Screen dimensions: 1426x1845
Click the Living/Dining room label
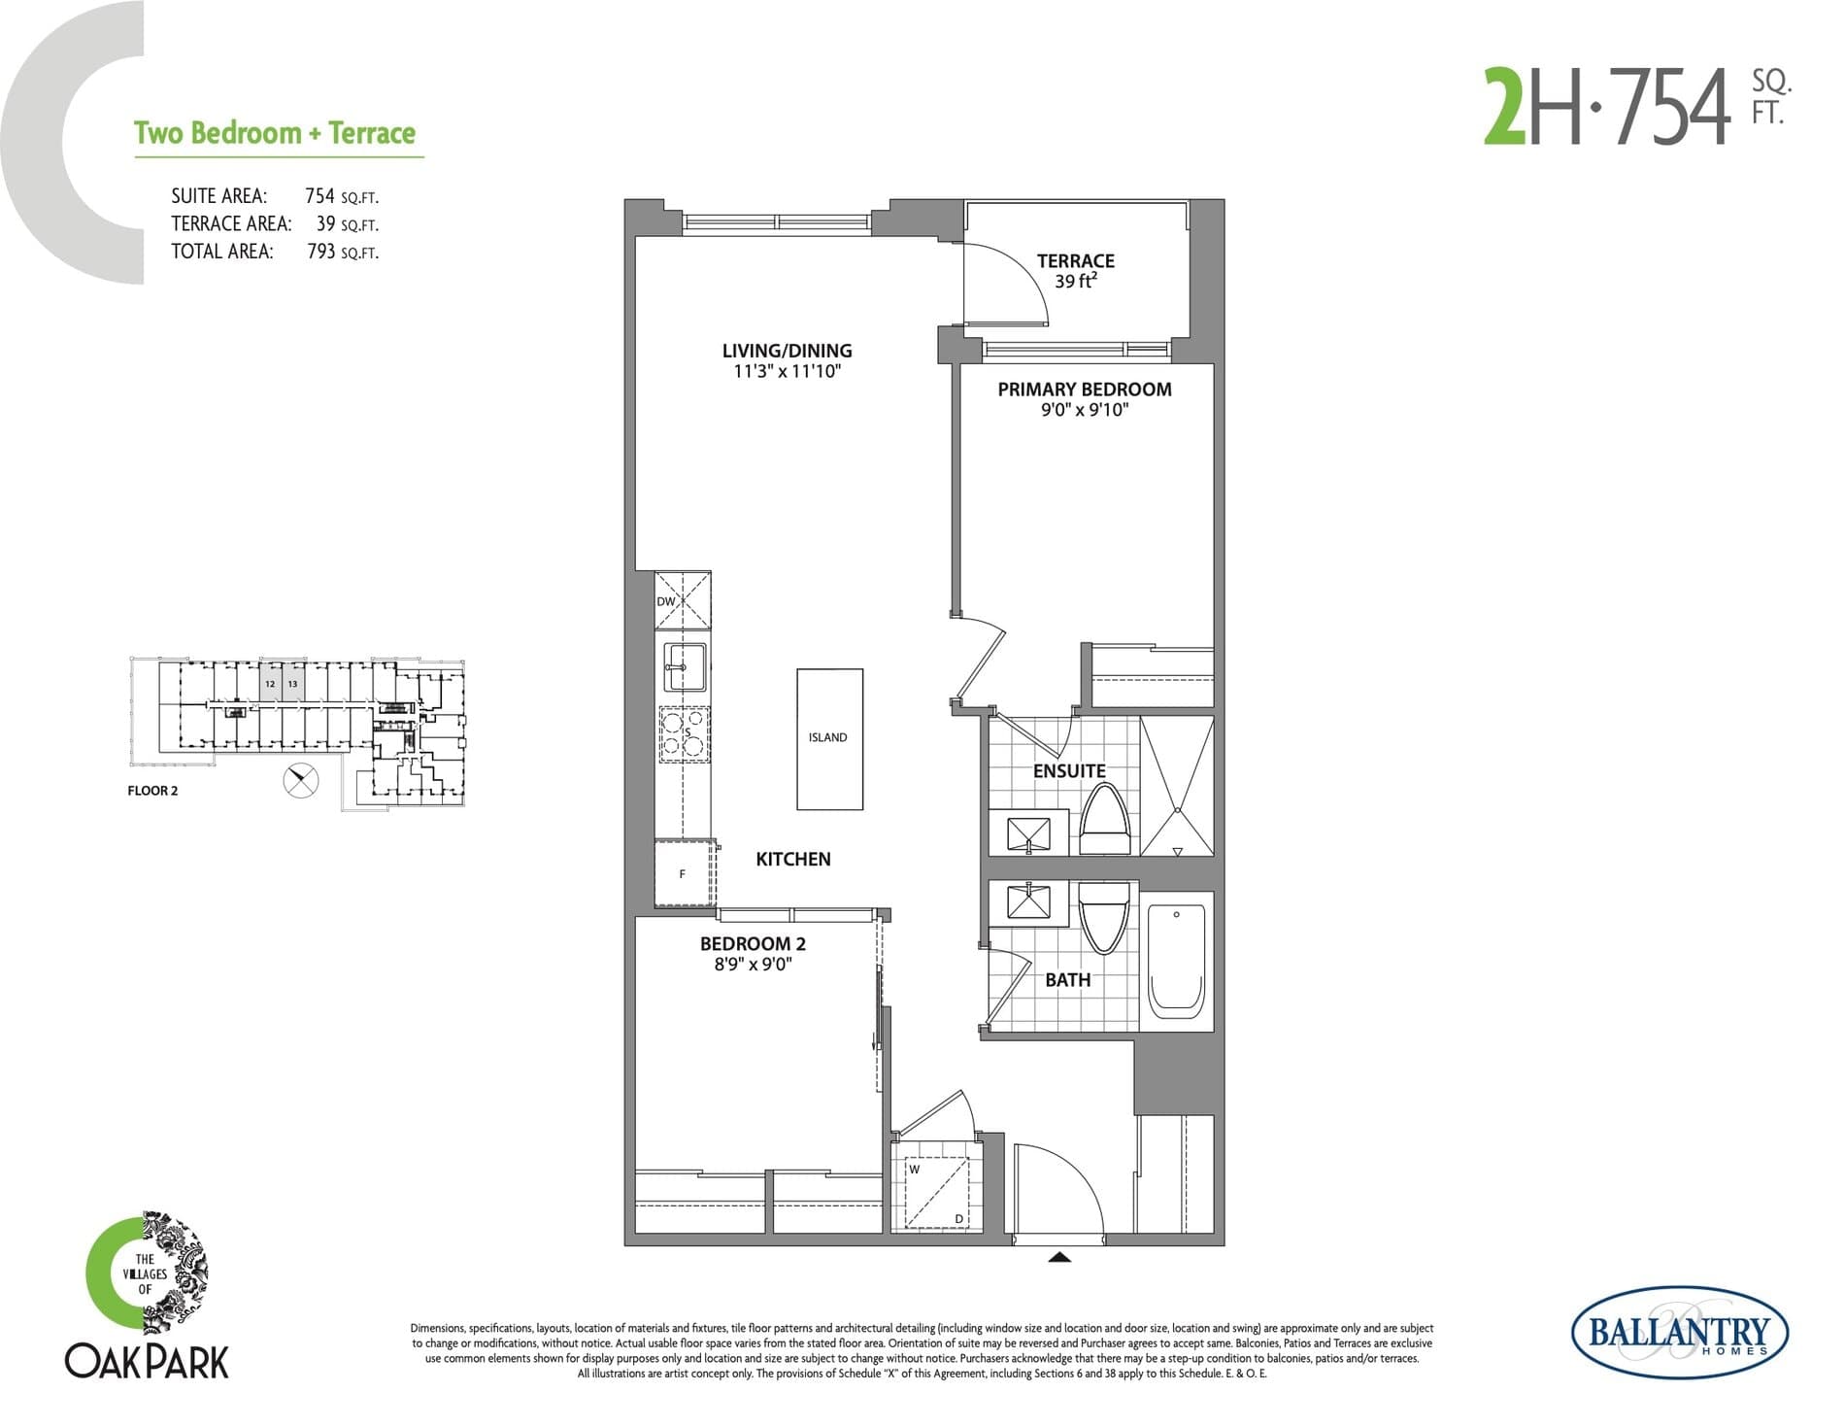787,351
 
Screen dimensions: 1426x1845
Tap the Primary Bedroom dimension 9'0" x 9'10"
1084,410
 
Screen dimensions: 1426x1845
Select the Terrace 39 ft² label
1075,271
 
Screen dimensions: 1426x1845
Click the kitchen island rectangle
829,738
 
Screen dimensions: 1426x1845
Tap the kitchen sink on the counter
684,666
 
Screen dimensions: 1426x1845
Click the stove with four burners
684,733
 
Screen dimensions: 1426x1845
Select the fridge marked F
684,873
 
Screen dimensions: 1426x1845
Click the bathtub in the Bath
1176,961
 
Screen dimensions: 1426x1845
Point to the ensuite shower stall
1176,786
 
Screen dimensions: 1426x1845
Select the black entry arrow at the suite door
1059,1258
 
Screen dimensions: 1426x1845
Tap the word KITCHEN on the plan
792,859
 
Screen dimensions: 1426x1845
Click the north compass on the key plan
301,780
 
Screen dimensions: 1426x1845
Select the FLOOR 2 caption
152,791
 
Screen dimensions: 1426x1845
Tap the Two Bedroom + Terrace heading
275,133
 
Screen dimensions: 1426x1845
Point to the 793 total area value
320,252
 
